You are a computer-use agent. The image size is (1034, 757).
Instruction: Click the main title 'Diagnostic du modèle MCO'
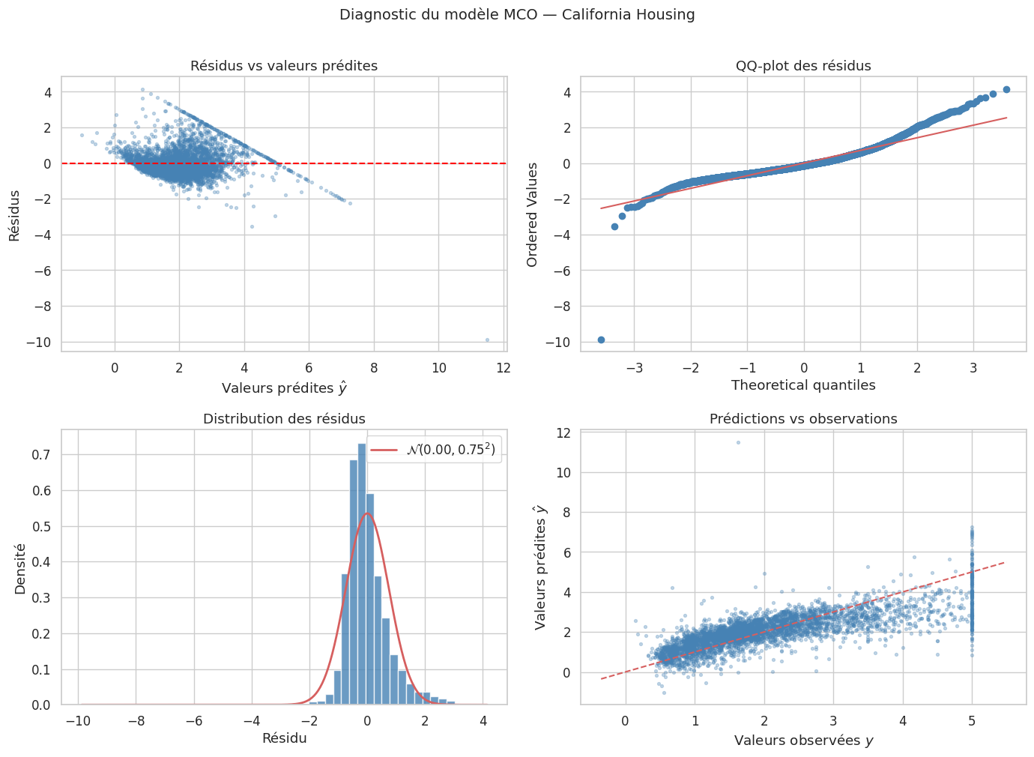click(517, 15)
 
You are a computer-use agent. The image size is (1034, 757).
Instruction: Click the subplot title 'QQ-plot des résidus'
click(803, 66)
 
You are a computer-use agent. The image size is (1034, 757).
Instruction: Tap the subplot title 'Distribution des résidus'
click(284, 419)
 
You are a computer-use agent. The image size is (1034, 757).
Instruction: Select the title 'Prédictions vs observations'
click(803, 419)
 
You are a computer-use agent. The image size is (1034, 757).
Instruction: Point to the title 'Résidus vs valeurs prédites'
click(284, 66)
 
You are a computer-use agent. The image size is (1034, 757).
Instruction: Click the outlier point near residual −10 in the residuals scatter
click(487, 340)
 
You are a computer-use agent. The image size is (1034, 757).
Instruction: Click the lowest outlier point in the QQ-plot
click(601, 340)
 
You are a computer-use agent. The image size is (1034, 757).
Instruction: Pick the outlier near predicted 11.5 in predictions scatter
click(738, 442)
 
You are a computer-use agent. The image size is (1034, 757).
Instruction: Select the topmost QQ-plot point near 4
click(1006, 90)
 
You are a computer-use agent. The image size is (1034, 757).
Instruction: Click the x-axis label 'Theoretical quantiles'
click(803, 385)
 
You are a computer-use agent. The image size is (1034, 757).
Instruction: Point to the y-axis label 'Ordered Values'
click(533, 214)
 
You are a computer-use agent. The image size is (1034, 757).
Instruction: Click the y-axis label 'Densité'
click(20, 568)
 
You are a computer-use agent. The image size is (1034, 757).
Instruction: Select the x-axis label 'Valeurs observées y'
click(803, 741)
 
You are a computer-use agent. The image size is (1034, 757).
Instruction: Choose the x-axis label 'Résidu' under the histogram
click(284, 738)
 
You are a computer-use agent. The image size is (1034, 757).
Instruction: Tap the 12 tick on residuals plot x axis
click(504, 368)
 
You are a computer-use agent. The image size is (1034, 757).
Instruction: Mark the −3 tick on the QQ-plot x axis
click(634, 368)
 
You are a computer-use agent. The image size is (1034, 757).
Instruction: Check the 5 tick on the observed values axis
click(972, 721)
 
